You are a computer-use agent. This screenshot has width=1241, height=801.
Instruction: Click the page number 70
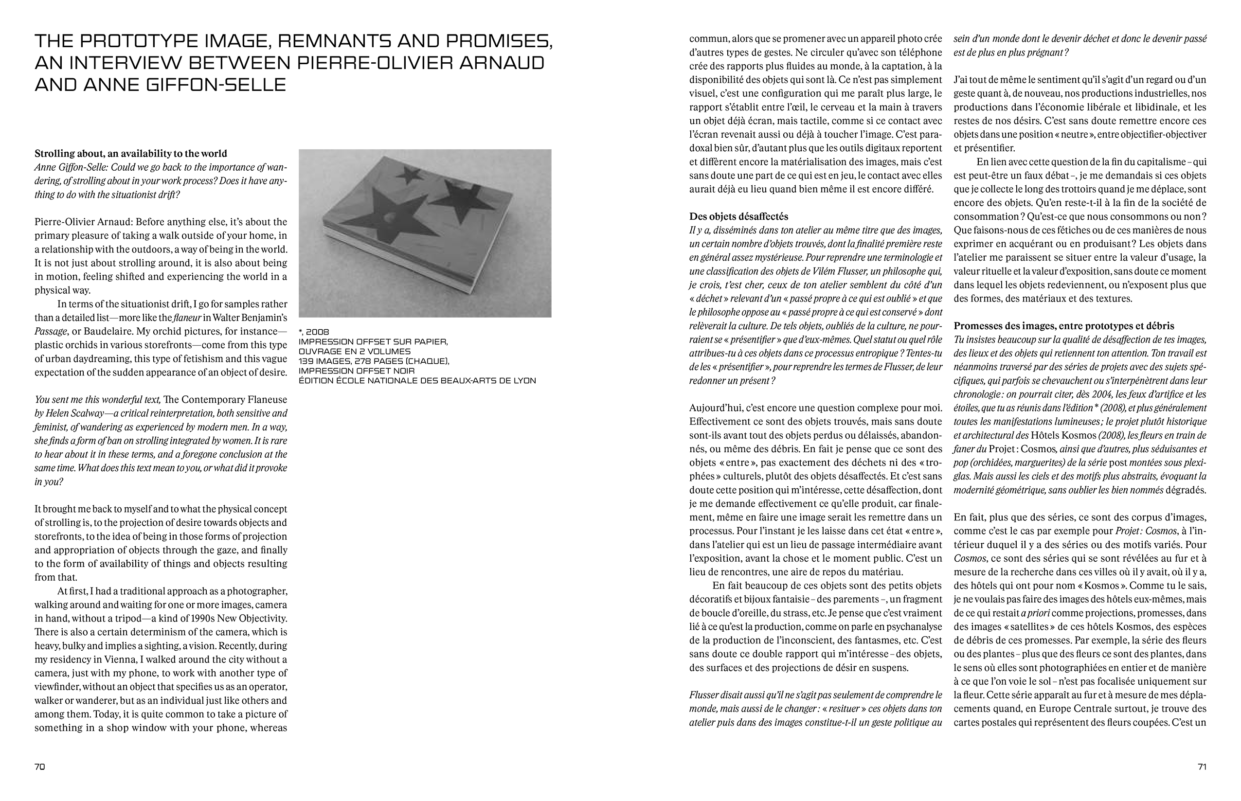[40, 766]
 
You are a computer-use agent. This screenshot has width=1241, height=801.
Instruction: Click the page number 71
[1202, 766]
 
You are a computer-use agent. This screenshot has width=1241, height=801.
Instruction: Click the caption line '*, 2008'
[314, 332]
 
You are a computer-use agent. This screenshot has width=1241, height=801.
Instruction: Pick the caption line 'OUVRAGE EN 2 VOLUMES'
[354, 352]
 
